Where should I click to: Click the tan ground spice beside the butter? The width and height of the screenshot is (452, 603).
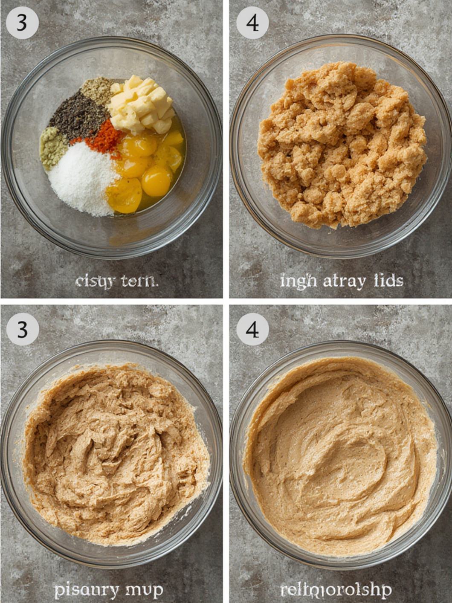click(97, 90)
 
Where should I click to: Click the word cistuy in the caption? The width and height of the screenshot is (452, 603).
click(95, 281)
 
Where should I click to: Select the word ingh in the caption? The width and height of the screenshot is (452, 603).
click(298, 281)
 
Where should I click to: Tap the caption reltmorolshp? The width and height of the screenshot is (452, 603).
click(336, 591)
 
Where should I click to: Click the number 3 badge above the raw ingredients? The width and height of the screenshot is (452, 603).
click(22, 23)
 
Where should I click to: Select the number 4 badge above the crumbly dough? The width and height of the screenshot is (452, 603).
click(252, 23)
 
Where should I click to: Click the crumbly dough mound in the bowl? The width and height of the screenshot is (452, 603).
click(341, 145)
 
